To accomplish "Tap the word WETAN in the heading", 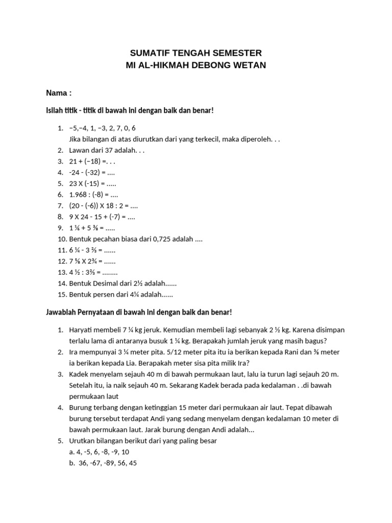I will [x=249, y=65].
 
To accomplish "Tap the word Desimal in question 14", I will [x=104, y=283].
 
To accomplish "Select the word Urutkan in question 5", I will [x=83, y=441].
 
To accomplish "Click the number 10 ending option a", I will [x=126, y=452].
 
